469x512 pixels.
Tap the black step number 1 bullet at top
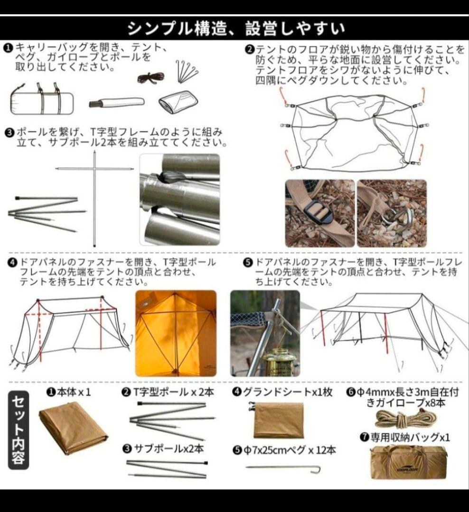click(9, 48)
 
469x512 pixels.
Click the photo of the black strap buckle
click(319, 213)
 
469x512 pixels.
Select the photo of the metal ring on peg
click(392, 213)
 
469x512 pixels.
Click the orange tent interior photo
click(176, 333)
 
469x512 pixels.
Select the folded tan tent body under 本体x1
click(73, 426)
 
